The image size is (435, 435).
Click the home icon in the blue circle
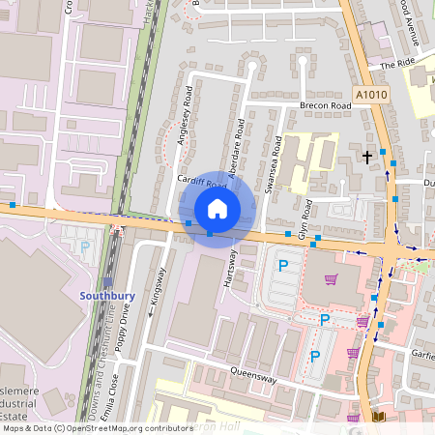tap(217, 208)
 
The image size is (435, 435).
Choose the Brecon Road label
tap(324, 104)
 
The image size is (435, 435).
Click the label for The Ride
tap(396, 64)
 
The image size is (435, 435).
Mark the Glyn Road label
tap(307, 221)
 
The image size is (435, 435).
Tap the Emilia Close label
tap(117, 391)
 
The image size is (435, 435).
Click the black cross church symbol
tap(366, 155)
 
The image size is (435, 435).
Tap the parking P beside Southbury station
tap(84, 247)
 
